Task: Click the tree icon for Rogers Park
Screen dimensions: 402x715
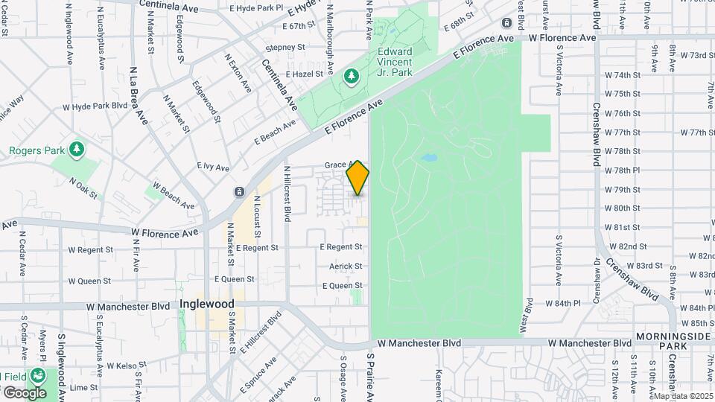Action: click(76, 150)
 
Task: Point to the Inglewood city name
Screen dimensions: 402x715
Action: click(207, 304)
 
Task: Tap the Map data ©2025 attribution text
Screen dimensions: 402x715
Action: click(682, 396)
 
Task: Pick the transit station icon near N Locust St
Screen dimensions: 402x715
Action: click(239, 191)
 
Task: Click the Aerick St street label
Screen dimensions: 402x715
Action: click(346, 266)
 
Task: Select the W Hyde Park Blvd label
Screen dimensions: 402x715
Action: click(95, 106)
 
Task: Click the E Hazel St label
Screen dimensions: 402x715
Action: click(303, 74)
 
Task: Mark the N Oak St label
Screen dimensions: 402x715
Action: click(83, 188)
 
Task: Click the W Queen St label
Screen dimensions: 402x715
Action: click(89, 281)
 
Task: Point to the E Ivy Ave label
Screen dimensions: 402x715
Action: click(213, 167)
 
